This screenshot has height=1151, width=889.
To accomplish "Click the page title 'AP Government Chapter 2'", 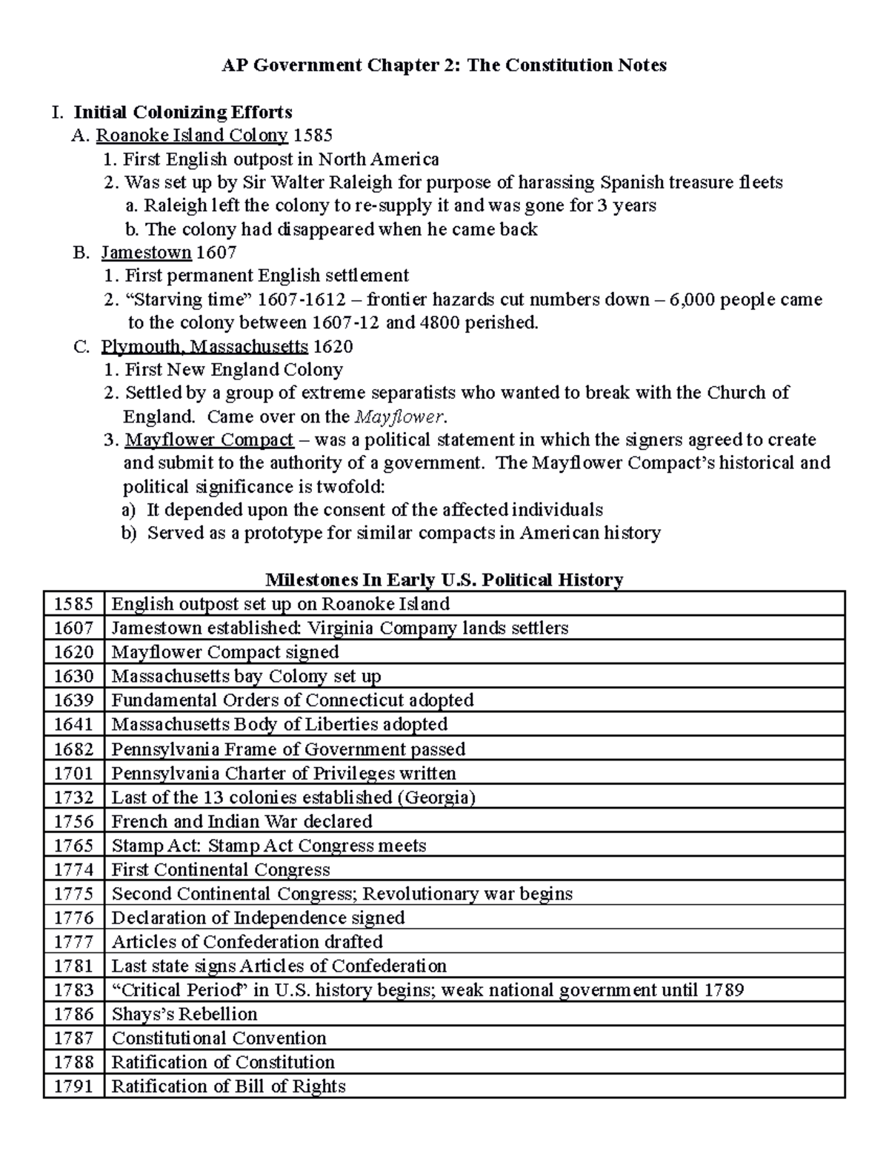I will click(x=444, y=65).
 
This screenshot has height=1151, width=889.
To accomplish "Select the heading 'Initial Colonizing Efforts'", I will click(x=182, y=112).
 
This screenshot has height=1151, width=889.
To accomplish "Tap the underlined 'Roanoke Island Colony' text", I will click(x=192, y=135).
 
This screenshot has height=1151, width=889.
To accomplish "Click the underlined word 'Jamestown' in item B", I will click(x=146, y=252).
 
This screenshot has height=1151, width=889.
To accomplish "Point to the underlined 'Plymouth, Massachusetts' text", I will click(x=204, y=346).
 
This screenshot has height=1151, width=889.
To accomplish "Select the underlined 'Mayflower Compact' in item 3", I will click(x=209, y=439).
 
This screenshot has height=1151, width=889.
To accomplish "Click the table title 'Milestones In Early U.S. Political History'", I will click(x=444, y=579).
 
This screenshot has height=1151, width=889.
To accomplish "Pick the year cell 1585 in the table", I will click(x=73, y=603).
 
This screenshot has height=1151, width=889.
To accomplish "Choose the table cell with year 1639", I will click(x=73, y=700).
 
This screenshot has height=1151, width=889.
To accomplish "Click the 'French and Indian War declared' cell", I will click(x=242, y=821).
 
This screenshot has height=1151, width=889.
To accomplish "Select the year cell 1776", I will click(x=73, y=918).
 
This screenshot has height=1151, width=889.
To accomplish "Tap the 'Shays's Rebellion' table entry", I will click(x=184, y=1014).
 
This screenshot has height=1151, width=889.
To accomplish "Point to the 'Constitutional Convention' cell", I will click(x=219, y=1038).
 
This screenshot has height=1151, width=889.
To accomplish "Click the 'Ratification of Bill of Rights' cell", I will click(x=228, y=1086).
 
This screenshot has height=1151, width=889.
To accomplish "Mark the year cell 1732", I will click(x=73, y=797).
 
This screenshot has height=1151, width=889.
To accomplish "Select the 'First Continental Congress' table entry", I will click(x=221, y=869).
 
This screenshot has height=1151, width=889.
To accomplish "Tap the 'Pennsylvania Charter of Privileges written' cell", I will click(x=284, y=773).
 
